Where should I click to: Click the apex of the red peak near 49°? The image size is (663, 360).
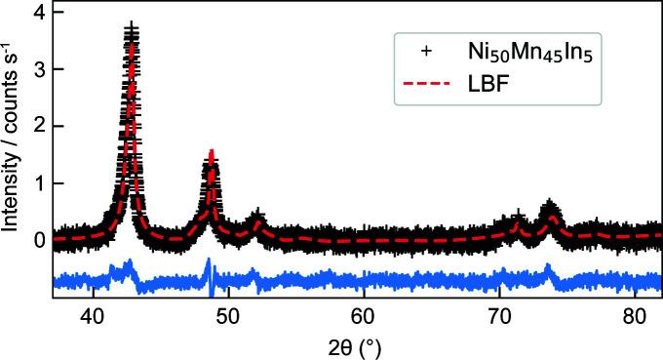tap(212, 151)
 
